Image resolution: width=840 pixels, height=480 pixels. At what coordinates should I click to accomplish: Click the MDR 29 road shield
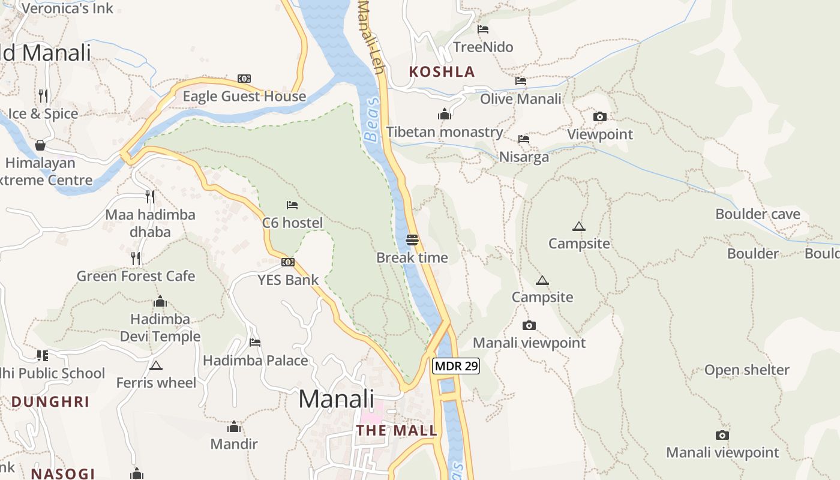456,365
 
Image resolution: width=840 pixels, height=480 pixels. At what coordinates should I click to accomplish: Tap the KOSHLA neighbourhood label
442,72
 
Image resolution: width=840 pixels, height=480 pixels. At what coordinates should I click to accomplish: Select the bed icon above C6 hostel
292,205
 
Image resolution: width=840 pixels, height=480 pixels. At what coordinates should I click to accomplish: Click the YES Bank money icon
288,262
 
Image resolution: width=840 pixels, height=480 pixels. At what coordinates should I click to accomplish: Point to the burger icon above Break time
412,240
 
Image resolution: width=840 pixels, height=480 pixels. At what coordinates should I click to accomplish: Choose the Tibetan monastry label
445,132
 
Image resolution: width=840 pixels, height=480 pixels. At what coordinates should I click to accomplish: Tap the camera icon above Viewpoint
599,116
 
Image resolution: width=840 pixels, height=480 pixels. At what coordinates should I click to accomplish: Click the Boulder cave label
758,214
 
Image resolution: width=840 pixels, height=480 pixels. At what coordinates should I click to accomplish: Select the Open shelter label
746,370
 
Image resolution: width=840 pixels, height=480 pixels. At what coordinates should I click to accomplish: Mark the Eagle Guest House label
244,97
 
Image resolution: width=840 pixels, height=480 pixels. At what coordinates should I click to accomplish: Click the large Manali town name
336,399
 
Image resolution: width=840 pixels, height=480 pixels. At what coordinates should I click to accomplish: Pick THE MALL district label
397,430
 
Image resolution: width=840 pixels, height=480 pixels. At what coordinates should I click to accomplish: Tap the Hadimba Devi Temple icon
160,301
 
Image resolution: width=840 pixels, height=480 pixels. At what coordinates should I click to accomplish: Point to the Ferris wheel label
156,383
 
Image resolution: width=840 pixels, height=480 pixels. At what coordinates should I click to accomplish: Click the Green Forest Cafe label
136,276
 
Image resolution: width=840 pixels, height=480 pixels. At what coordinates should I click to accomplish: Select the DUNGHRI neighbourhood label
50,401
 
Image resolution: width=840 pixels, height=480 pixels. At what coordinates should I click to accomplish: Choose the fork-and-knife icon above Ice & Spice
43,96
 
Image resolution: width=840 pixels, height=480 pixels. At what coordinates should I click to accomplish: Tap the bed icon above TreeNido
483,29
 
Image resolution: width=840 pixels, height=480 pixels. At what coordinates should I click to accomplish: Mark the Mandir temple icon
234,427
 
